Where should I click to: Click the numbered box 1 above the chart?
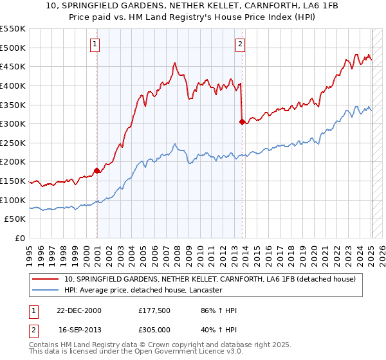click(x=95, y=44)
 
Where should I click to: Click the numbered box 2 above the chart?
click(x=240, y=44)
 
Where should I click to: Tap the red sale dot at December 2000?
click(x=97, y=170)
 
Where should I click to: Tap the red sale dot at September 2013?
click(x=242, y=122)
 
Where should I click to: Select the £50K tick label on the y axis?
click(x=15, y=219)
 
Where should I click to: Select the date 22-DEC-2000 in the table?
click(x=78, y=310)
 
